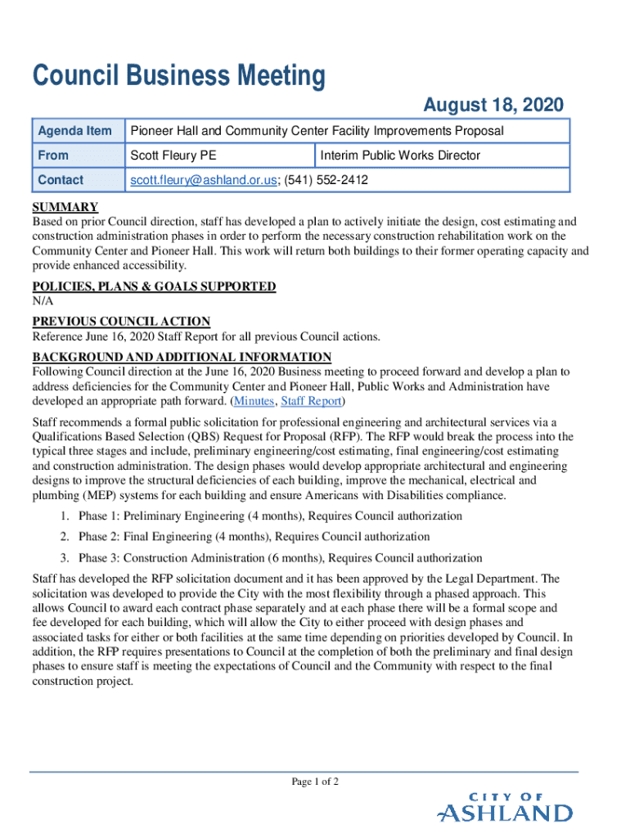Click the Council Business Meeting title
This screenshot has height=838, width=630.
178,77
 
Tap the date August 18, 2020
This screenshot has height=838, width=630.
493,106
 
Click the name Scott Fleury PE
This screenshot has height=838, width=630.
173,155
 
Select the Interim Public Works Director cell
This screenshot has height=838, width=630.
400,155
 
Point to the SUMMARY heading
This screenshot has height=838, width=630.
65,207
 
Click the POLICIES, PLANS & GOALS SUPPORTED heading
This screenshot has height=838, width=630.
154,286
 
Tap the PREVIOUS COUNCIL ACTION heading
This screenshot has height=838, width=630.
121,322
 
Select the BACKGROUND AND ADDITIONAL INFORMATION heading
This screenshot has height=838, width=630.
182,357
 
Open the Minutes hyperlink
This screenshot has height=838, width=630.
254,401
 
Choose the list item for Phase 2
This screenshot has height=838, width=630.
254,537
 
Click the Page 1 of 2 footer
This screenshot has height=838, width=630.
315,782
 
